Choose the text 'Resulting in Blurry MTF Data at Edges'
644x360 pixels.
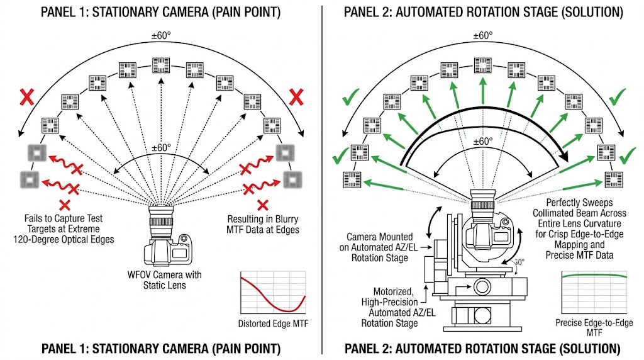[264, 224]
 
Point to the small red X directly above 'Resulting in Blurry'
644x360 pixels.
[264, 205]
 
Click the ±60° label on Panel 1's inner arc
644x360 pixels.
[162, 148]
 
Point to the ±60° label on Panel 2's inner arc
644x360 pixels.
[483, 142]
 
